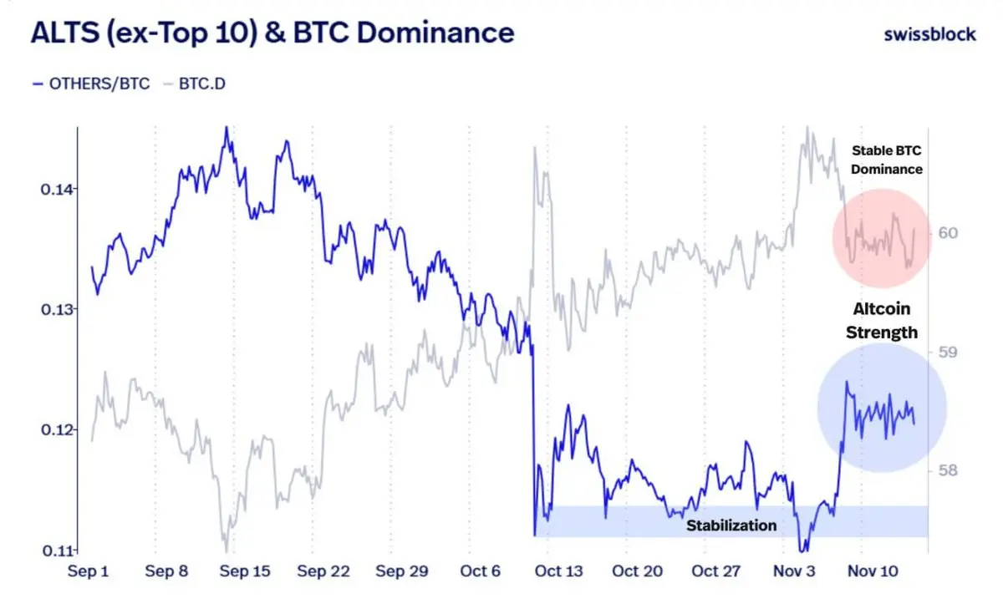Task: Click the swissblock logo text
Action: (929, 34)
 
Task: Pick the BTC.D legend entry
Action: (201, 84)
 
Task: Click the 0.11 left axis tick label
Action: (55, 551)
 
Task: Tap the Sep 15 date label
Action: (243, 571)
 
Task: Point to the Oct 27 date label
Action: (716, 571)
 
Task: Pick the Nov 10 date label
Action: (873, 571)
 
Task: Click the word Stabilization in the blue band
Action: (731, 525)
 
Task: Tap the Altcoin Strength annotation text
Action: (882, 320)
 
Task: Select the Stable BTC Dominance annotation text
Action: (887, 160)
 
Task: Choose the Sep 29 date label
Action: (402, 571)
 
